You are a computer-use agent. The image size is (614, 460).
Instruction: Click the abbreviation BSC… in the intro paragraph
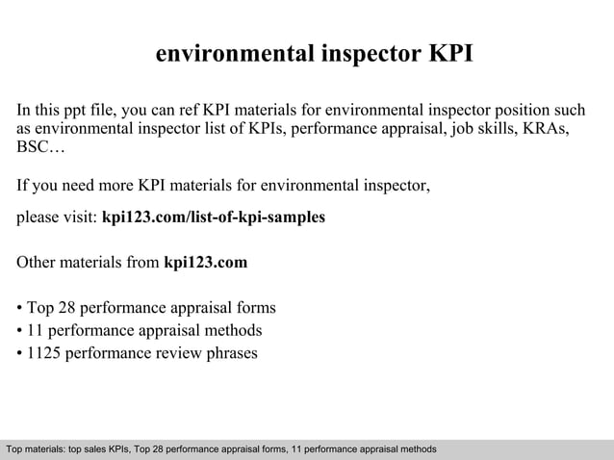click(x=41, y=150)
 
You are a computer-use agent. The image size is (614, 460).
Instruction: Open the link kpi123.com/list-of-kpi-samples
click(x=213, y=217)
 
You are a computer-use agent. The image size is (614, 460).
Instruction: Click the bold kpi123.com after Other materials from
click(x=206, y=262)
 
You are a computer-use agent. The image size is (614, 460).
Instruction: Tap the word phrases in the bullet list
click(x=228, y=352)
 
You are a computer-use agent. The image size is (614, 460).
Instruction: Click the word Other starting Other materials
click(x=38, y=262)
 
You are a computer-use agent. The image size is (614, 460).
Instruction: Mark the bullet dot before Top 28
click(x=20, y=309)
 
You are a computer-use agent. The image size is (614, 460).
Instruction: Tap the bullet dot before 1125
click(x=20, y=353)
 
